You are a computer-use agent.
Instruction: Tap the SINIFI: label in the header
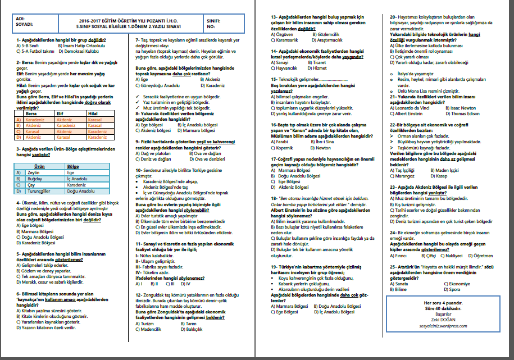click(215, 20)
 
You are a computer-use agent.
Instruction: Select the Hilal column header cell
click(93, 114)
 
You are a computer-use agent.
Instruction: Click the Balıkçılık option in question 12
click(192, 330)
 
